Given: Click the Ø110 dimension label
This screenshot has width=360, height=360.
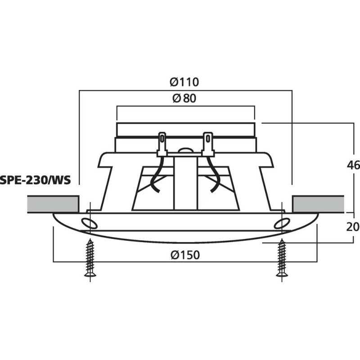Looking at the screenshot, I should coord(184,82).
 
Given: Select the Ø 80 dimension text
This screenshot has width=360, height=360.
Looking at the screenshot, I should coord(184,98).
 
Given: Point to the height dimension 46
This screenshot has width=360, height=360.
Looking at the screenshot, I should coord(354,165).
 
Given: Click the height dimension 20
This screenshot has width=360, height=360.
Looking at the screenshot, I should coord(354,226).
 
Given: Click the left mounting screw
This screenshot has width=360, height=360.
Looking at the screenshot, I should coord(90,258).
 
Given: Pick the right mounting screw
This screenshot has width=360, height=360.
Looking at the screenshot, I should coord(282,258).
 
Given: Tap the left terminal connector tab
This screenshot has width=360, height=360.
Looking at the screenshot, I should coord(162,143).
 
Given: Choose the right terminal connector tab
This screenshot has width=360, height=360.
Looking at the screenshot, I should coord(208,143).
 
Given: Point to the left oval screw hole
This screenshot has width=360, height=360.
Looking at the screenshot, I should coord(89,223).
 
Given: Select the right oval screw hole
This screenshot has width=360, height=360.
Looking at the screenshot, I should coord(283,223).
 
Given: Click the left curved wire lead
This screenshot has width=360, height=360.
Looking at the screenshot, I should coord(155,178).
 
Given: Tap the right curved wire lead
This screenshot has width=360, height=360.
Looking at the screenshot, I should coord(215,178).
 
